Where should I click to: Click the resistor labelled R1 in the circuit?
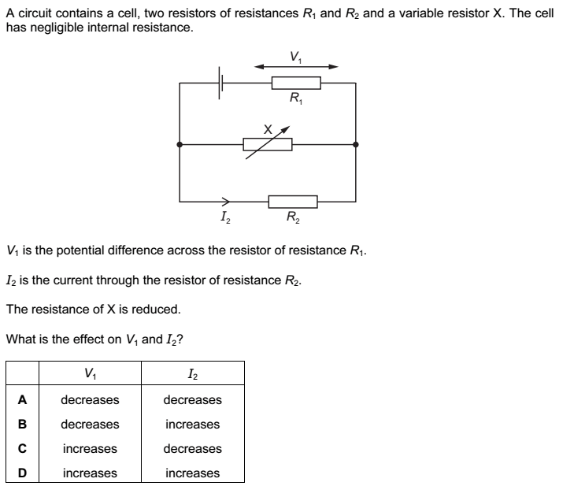[295, 83]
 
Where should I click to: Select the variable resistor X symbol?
[268, 144]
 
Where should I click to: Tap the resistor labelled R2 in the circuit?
[293, 201]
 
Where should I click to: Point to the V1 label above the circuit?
[294, 56]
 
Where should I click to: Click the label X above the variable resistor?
[268, 127]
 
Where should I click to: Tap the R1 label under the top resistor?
[295, 98]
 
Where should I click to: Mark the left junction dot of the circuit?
[180, 144]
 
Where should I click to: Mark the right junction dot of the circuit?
[356, 144]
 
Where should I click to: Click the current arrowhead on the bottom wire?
[226, 201]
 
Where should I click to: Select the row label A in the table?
[22, 400]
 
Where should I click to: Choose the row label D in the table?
[22, 473]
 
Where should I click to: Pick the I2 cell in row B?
[192, 425]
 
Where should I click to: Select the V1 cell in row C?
[90, 449]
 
